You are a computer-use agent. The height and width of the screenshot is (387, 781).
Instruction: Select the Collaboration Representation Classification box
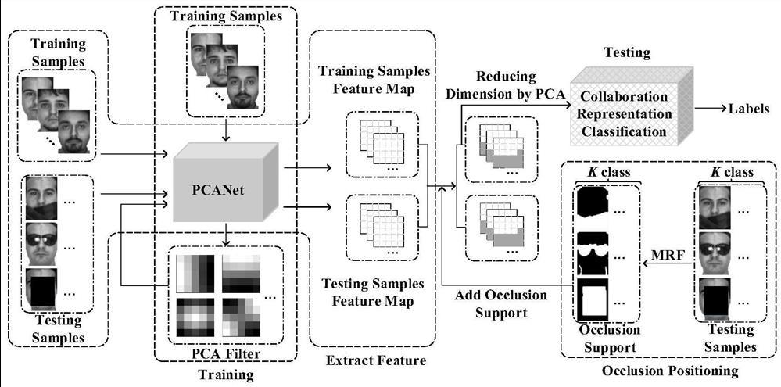623,114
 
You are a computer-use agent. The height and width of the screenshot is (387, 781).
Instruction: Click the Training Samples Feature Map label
374,79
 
